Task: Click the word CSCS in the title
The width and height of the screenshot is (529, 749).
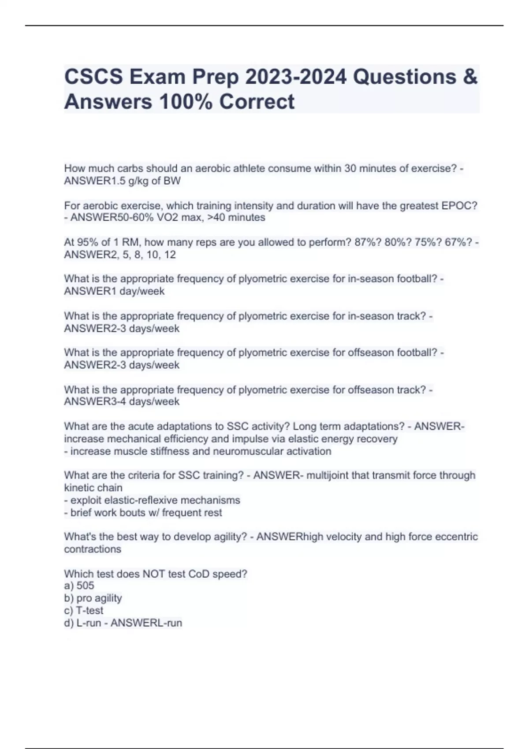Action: pyautogui.click(x=93, y=77)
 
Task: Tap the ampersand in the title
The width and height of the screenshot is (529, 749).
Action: pyautogui.click(x=470, y=77)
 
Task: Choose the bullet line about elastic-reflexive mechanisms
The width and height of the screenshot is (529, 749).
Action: pyautogui.click(x=152, y=500)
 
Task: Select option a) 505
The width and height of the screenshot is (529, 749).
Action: pyautogui.click(x=79, y=586)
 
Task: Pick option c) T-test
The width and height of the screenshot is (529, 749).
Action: pyautogui.click(x=84, y=611)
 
